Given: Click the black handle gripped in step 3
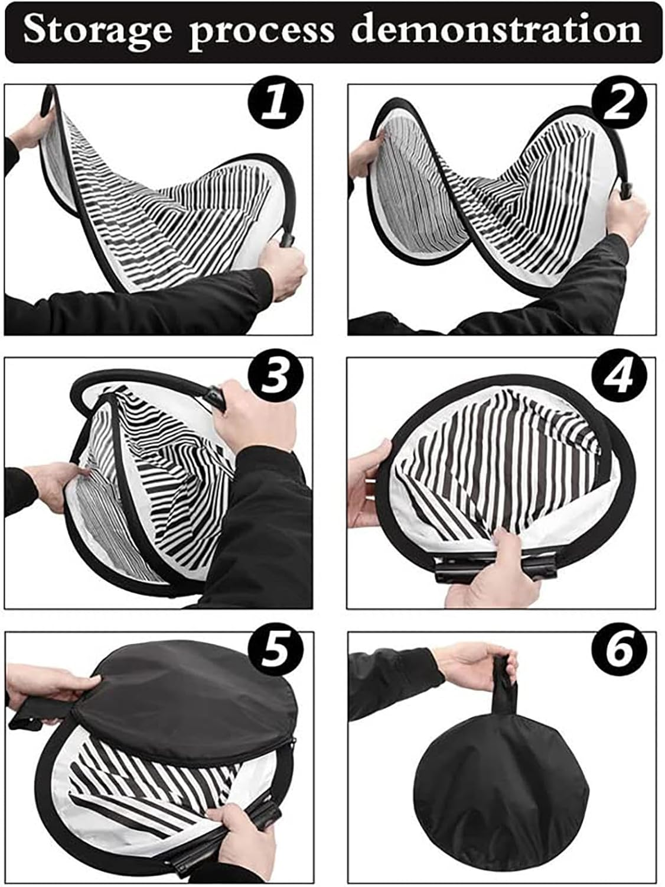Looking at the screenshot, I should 216,397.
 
